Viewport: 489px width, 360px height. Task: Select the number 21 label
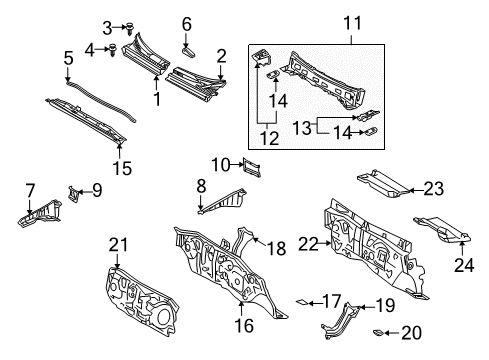pyautogui.click(x=118, y=244)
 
